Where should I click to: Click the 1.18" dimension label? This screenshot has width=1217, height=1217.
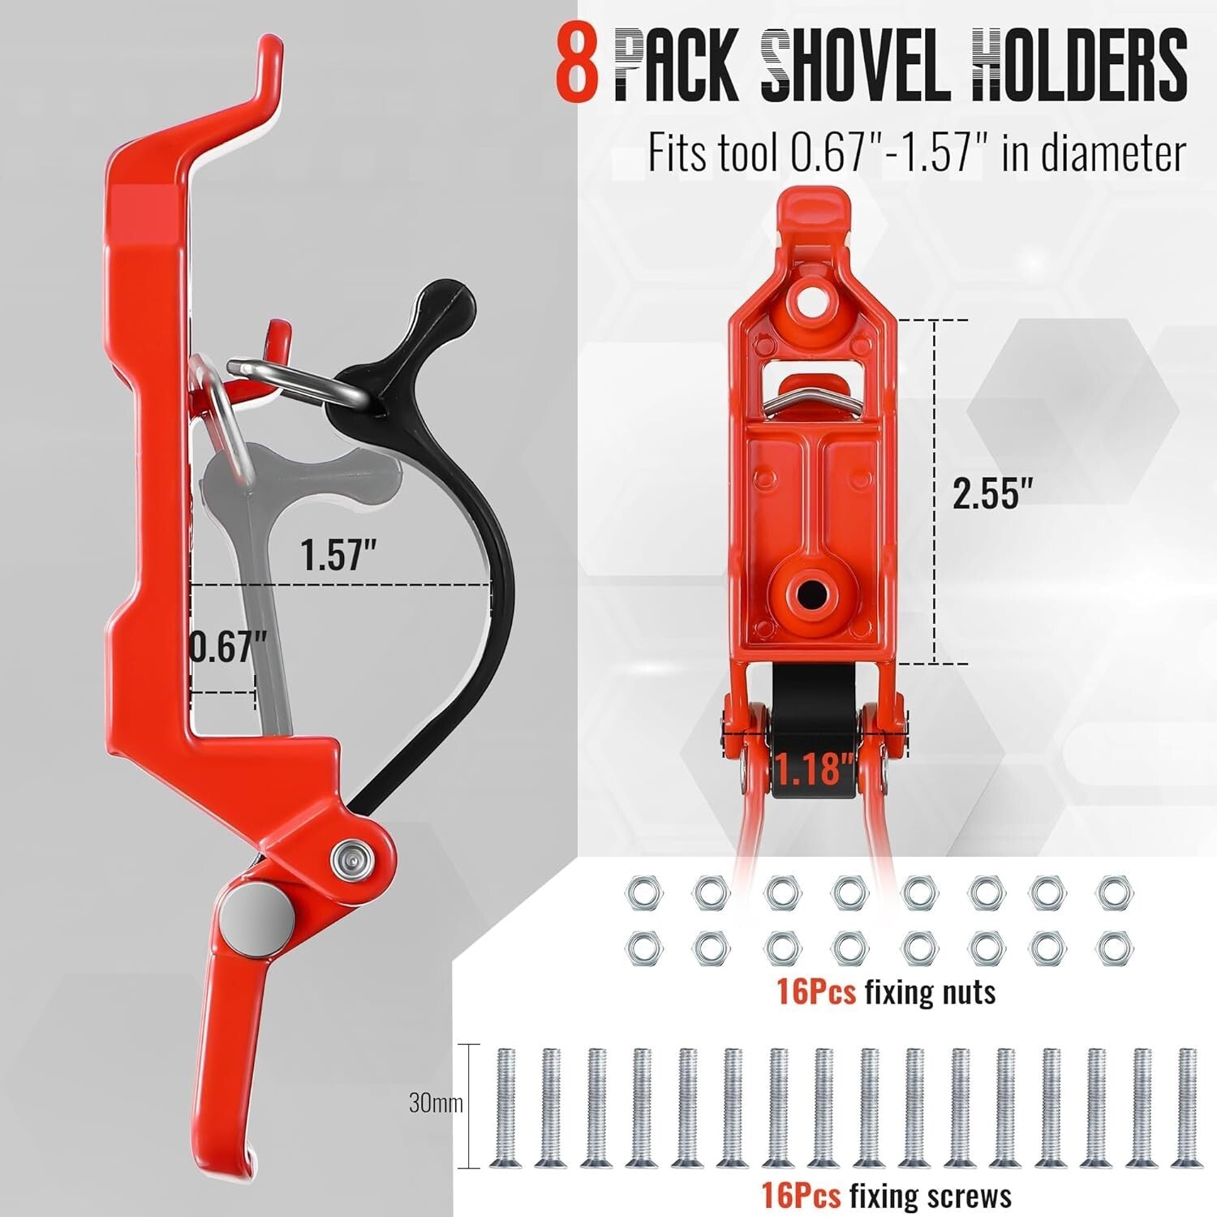814,768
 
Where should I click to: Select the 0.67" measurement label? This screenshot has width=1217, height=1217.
227,647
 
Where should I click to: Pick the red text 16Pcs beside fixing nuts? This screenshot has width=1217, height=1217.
816,991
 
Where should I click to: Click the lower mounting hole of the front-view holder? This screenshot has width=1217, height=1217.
808,595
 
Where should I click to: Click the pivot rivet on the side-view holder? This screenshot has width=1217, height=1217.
349,857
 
